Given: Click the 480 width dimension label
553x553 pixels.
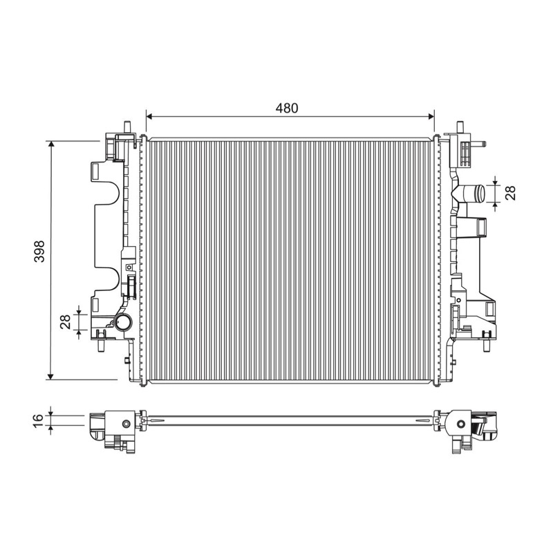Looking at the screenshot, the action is (x=287, y=109).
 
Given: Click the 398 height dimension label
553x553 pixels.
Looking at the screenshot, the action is (x=39, y=251).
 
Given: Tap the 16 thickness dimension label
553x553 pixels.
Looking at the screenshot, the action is (x=38, y=421).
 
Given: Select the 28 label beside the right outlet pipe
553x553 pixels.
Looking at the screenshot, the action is (x=510, y=193).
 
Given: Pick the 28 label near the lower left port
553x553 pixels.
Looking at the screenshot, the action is (x=66, y=321).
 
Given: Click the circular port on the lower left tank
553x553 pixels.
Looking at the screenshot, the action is (x=123, y=321).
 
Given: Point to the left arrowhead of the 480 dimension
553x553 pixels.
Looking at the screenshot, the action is (x=149, y=116).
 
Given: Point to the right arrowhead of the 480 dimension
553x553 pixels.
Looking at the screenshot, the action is (x=431, y=116).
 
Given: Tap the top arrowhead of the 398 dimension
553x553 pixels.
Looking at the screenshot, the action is (x=51, y=144).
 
